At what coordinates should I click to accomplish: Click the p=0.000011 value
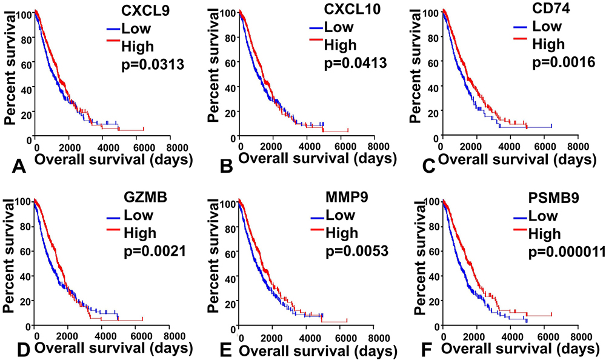point(565,251)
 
